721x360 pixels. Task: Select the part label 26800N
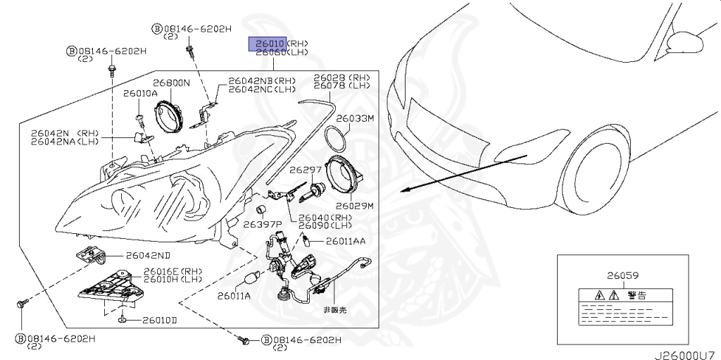pyautogui.click(x=172, y=82)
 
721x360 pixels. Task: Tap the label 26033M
pyautogui.click(x=355, y=118)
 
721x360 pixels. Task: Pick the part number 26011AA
pyautogui.click(x=345, y=241)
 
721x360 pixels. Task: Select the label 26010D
pyautogui.click(x=159, y=321)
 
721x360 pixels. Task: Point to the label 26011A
pyautogui.click(x=234, y=296)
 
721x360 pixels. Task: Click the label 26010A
pyautogui.click(x=140, y=93)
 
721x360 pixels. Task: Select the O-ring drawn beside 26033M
pyautogui.click(x=337, y=139)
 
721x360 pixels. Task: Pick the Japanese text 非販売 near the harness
pyautogui.click(x=335, y=310)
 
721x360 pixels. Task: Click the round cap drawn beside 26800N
pyautogui.click(x=169, y=116)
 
